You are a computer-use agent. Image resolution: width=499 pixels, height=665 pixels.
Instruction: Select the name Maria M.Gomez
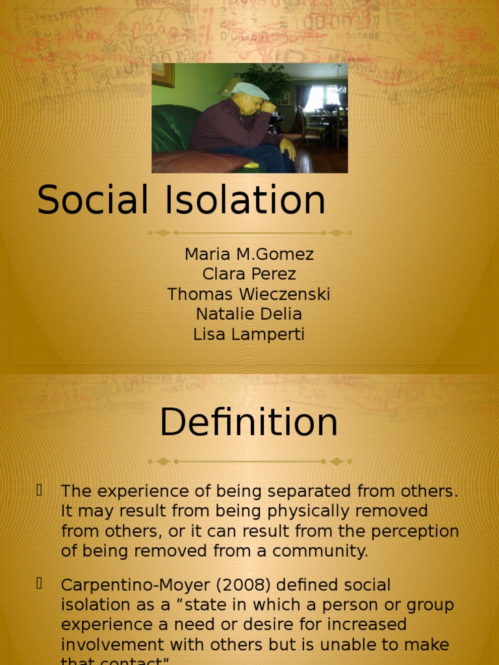pyautogui.click(x=249, y=254)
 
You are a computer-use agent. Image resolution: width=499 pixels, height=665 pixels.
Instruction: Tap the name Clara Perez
pyautogui.click(x=249, y=274)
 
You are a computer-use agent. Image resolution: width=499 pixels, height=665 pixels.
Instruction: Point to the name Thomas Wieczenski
pyautogui.click(x=249, y=294)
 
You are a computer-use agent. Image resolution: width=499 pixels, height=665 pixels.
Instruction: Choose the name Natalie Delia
pyautogui.click(x=249, y=314)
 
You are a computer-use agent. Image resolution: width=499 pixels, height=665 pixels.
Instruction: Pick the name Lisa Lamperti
pyautogui.click(x=249, y=334)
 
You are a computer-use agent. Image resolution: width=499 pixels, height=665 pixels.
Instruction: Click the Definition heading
pyautogui.click(x=249, y=423)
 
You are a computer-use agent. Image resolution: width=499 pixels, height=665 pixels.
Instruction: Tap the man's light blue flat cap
pyautogui.click(x=251, y=90)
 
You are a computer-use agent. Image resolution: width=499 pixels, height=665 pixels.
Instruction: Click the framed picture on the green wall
pyautogui.click(x=163, y=74)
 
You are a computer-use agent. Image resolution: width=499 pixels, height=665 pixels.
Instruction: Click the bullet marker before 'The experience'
pyautogui.click(x=40, y=490)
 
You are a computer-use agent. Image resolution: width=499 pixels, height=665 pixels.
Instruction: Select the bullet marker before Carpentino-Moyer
pyautogui.click(x=40, y=583)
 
